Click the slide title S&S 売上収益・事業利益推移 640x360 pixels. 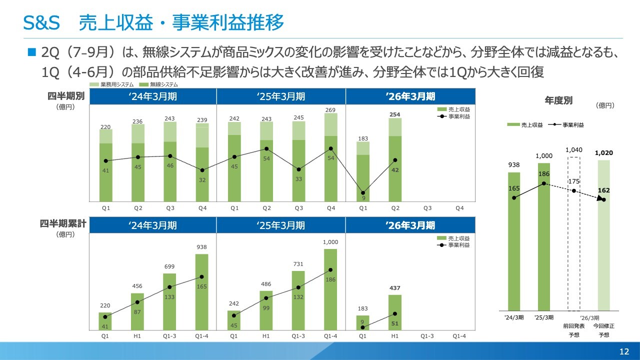(x=154, y=22)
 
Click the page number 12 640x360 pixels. (x=624, y=351)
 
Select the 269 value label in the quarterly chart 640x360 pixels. (x=330, y=110)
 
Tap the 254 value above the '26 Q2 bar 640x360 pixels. (x=395, y=115)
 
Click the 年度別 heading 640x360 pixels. (x=558, y=100)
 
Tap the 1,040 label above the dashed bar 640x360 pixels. (x=573, y=150)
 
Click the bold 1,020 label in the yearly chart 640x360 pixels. (x=604, y=153)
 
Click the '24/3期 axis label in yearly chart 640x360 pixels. (x=514, y=317)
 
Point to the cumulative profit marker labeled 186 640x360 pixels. (x=330, y=270)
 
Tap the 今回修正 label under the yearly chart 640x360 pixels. (x=604, y=326)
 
